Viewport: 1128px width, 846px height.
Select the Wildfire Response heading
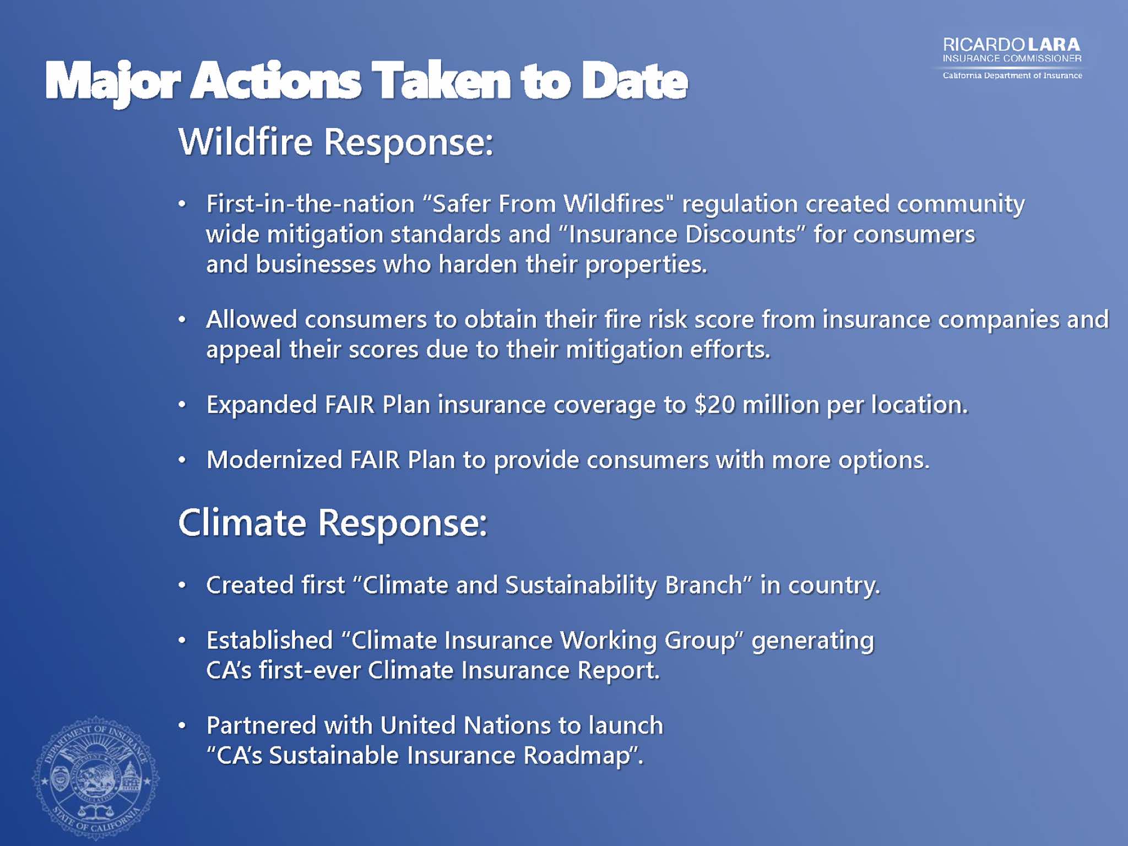click(x=335, y=143)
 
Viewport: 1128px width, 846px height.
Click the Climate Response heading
click(x=333, y=523)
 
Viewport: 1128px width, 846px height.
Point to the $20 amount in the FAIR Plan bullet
click(x=714, y=405)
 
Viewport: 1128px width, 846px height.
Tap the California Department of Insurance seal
click(x=96, y=778)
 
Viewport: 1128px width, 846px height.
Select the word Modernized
click(x=274, y=460)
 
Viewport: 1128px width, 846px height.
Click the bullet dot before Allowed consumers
click(x=182, y=319)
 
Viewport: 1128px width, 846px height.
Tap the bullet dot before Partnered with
click(x=182, y=725)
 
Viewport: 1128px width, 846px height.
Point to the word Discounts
click(x=741, y=234)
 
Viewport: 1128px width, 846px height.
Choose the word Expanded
click(x=262, y=405)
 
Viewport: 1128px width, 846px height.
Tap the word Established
click(x=269, y=640)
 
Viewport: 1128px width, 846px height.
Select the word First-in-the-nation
click(x=311, y=204)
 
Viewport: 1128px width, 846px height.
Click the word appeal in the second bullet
click(x=243, y=350)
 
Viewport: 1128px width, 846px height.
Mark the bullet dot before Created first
click(x=182, y=585)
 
